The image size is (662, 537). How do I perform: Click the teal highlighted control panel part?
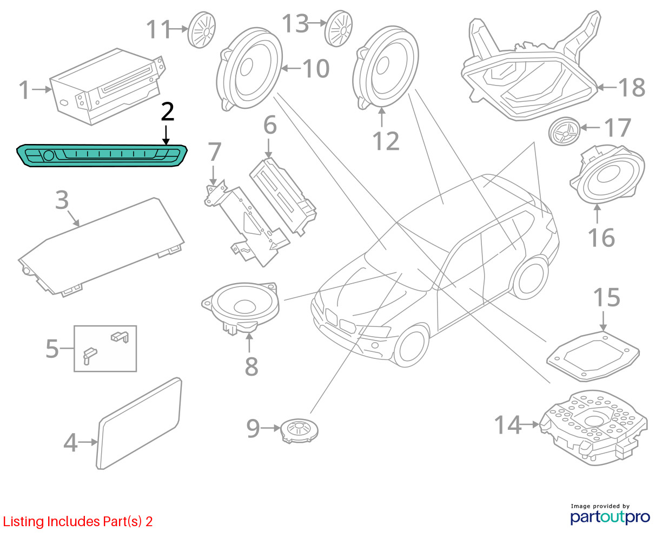(x=102, y=155)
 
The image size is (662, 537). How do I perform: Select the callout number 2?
(x=168, y=112)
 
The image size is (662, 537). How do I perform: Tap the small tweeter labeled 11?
(x=202, y=30)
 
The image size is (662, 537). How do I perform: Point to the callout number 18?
(x=632, y=88)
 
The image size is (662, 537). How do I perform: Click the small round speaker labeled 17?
(x=564, y=132)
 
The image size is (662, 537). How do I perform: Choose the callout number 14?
(x=507, y=425)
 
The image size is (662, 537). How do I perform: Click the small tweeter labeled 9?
(x=299, y=430)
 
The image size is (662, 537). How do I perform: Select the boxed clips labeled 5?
(x=105, y=349)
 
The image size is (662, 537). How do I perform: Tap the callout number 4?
(x=70, y=442)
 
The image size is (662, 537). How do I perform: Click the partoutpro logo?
(x=610, y=517)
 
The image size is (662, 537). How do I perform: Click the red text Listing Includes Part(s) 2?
(x=78, y=521)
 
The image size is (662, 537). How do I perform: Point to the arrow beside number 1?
(x=42, y=90)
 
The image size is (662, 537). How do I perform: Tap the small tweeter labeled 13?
(x=339, y=29)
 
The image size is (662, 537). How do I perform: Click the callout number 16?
(x=601, y=238)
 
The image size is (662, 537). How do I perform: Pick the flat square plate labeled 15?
(x=593, y=357)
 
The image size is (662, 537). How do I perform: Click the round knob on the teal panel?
(x=49, y=155)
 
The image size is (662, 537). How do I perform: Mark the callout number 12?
(x=386, y=141)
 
